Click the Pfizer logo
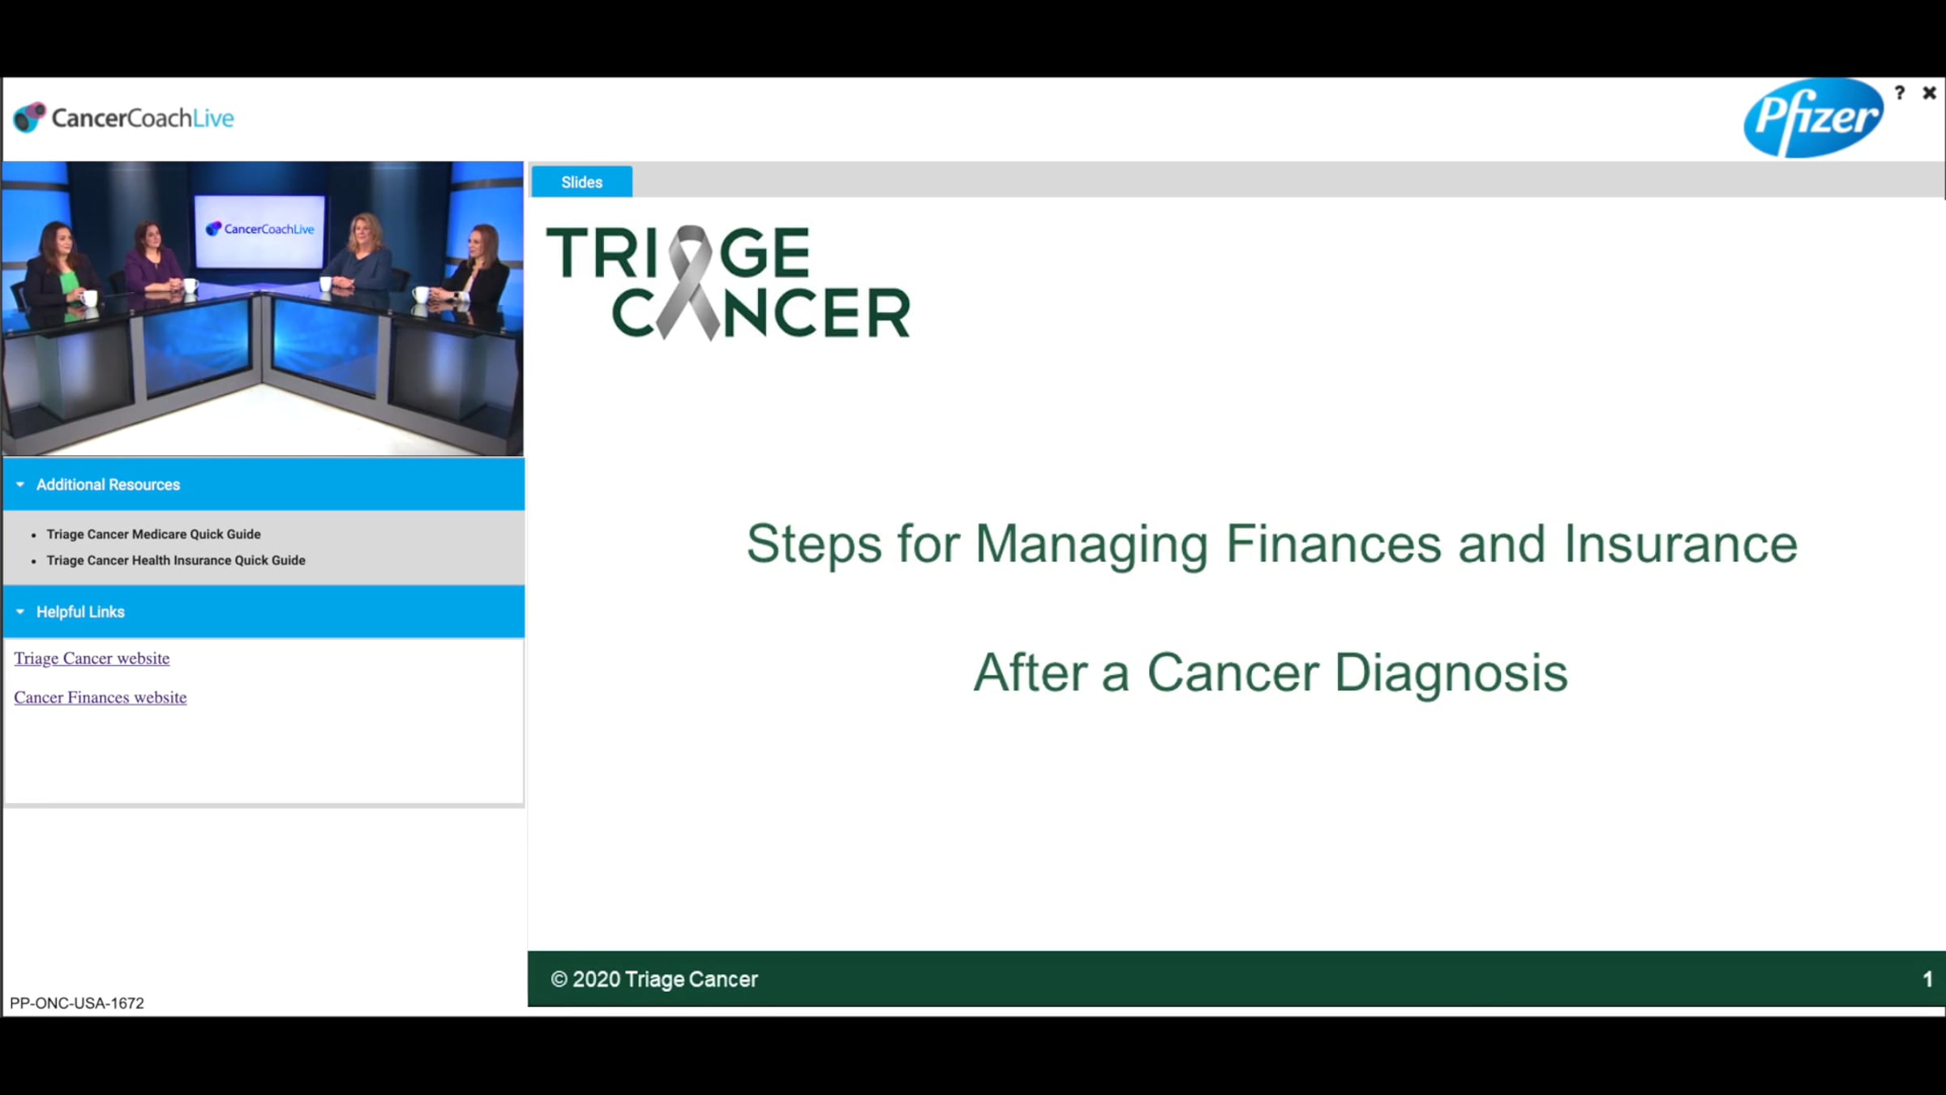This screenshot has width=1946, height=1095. pos(1813,118)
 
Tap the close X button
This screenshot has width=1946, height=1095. pos(1929,93)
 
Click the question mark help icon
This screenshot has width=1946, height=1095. pos(1900,92)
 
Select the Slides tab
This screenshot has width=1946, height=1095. pos(581,182)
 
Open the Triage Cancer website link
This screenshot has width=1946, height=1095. pos(92,658)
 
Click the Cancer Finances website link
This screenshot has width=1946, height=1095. pos(101,697)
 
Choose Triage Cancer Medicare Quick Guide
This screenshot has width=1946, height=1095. pos(153,534)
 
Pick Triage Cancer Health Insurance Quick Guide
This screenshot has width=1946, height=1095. pos(176,560)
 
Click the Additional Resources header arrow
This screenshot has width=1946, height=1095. pos(20,484)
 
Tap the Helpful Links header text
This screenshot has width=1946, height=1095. pos(80,612)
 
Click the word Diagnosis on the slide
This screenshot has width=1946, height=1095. pos(1451,672)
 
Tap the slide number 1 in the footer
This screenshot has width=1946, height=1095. pos(1927,979)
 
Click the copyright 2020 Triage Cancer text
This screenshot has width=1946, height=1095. pos(654,979)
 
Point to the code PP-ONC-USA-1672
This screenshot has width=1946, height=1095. pos(77,1003)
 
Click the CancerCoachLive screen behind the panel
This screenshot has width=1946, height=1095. pos(260,230)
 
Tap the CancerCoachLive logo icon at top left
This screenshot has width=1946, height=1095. pos(29,118)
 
